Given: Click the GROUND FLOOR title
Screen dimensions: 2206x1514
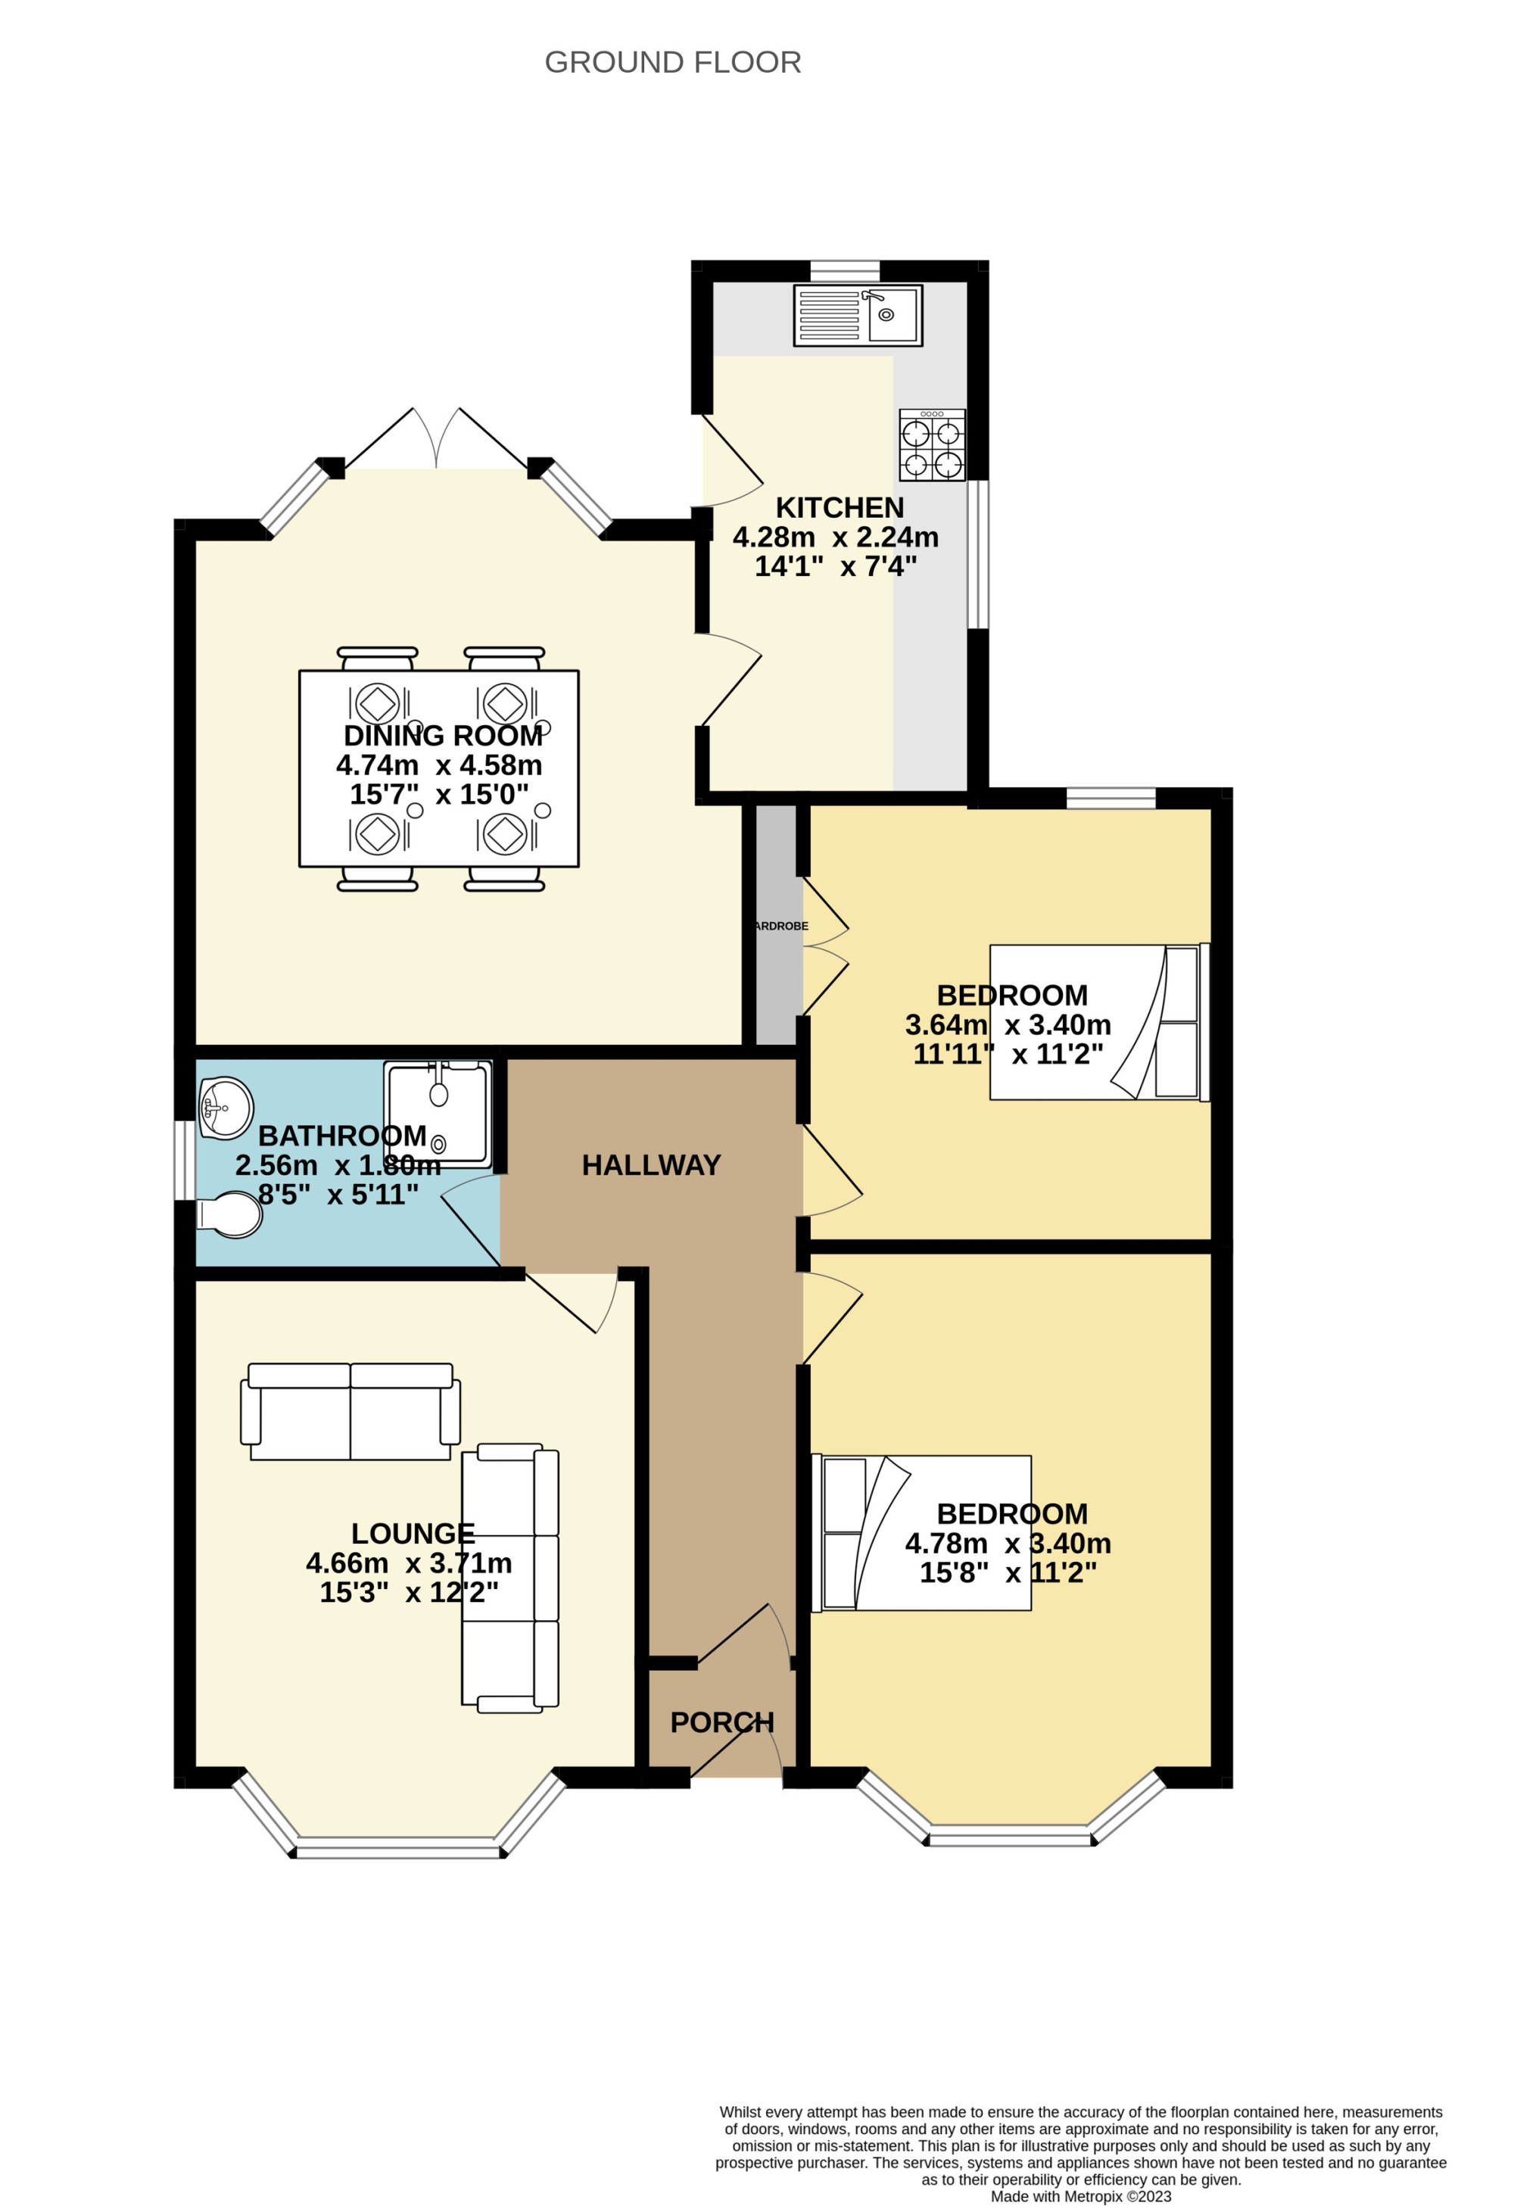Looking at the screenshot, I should [x=672, y=63].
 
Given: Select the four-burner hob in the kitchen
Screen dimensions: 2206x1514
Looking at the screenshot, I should [x=932, y=444].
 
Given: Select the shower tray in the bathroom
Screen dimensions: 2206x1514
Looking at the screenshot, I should [x=438, y=1114].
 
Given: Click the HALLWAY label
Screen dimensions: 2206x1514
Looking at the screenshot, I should [x=651, y=1166].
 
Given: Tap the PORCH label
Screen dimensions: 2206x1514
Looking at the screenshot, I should [x=721, y=1722].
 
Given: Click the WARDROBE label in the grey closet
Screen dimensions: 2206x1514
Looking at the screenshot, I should [x=780, y=926].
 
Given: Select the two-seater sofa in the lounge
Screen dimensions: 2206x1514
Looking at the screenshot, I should [x=350, y=1412].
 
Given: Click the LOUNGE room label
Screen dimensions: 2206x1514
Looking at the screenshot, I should [x=412, y=1533].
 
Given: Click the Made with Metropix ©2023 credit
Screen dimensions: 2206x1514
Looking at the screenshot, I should [x=1080, y=2195].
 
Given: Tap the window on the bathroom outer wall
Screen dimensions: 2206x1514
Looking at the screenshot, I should [x=184, y=1161].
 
